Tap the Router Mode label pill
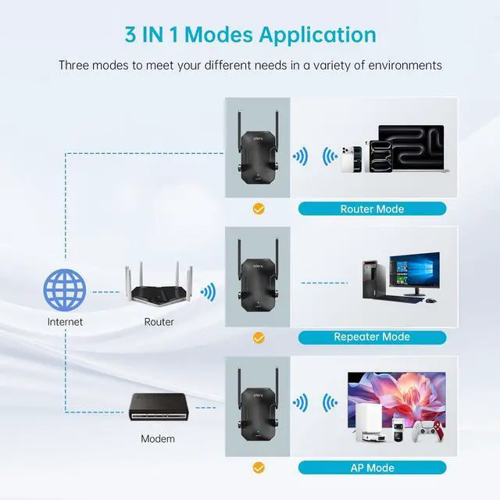click(372, 209)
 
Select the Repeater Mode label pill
click(372, 337)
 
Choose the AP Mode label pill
click(372, 468)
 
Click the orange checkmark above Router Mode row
click(258, 209)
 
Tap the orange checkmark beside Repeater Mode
click(258, 337)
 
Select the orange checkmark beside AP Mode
click(258, 468)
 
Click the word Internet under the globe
click(64, 321)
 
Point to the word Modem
click(158, 438)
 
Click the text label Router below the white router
click(159, 321)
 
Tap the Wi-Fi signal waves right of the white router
click(208, 293)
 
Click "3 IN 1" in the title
click(167, 34)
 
